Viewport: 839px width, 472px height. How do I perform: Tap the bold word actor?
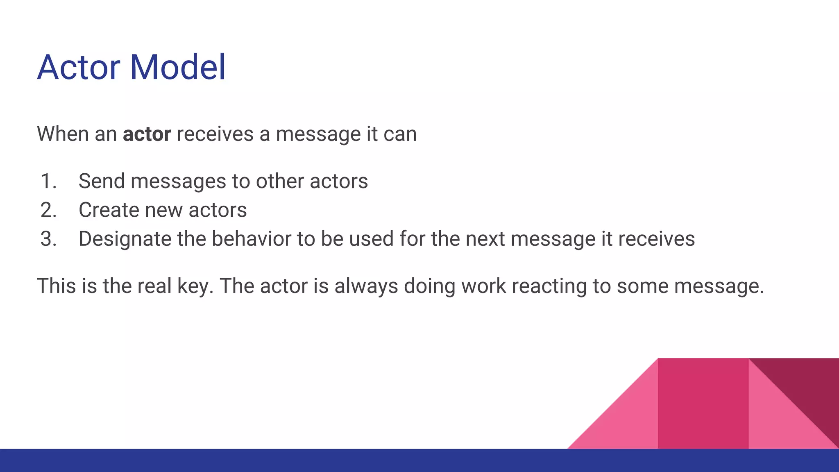point(147,134)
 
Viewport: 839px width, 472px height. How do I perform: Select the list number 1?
point(48,181)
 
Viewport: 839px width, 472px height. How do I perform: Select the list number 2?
point(48,210)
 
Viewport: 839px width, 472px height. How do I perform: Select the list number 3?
point(48,239)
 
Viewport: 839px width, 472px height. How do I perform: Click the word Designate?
point(125,239)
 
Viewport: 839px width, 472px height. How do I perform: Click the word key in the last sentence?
point(195,286)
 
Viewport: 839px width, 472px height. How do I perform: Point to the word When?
point(62,134)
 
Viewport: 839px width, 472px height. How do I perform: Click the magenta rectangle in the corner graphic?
point(703,404)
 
